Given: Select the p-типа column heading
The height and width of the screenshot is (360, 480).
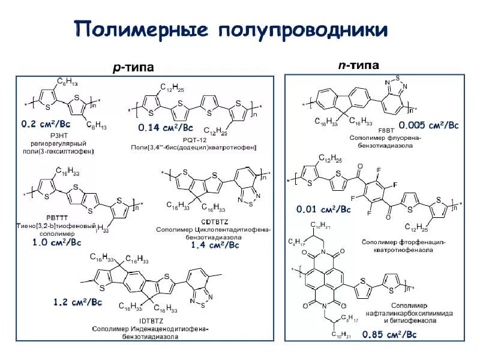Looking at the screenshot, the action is (133, 68).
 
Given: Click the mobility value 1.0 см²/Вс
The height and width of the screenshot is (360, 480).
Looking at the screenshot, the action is (56, 242).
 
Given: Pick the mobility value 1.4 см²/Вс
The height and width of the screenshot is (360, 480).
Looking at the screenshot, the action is (215, 245).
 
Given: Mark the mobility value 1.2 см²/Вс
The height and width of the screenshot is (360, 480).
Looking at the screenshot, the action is (77, 302).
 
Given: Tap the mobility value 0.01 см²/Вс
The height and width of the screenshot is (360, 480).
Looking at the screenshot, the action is (324, 209).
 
